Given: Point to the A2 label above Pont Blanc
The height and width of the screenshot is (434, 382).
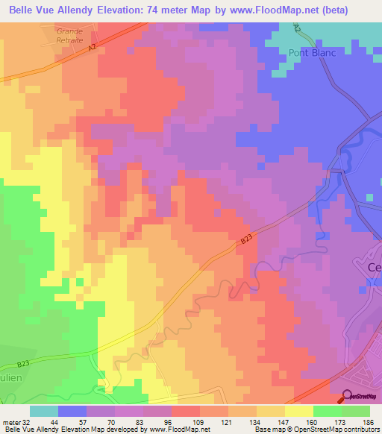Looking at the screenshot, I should pos(297,27).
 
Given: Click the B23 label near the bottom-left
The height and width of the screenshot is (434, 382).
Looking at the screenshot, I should pos(24,365).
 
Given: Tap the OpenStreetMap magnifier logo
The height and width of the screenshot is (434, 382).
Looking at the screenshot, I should pos(348,397).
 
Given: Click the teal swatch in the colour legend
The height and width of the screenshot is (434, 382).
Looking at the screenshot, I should pos(44,411).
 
